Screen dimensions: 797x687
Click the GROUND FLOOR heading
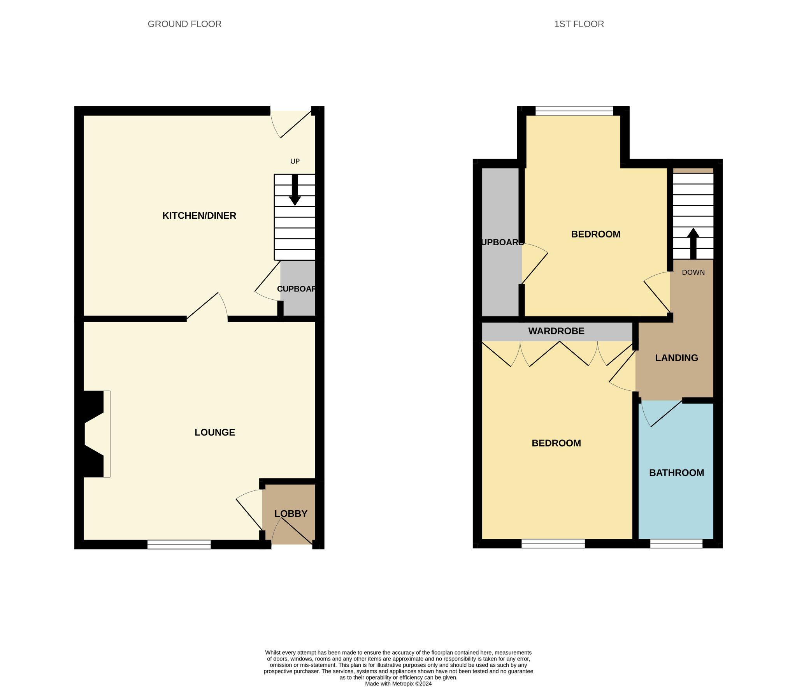coord(184,24)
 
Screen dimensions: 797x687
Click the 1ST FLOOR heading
coord(579,24)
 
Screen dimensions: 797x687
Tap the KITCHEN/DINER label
coord(199,216)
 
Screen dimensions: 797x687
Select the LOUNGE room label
coord(215,432)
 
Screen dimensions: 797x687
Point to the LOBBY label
coord(291,514)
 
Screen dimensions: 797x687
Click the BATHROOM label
coord(676,473)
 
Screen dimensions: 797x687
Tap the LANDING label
coord(676,358)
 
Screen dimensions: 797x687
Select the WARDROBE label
coord(556,331)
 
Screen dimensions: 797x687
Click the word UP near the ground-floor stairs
coord(295,162)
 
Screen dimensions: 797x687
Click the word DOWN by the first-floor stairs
coord(693,272)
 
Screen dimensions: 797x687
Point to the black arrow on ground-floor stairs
coord(295,190)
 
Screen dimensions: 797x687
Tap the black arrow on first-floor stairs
coord(693,244)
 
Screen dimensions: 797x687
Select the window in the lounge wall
coord(179,545)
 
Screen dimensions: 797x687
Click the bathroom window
coord(676,544)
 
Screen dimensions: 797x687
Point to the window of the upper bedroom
coord(574,111)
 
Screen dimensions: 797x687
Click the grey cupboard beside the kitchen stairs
coord(298,288)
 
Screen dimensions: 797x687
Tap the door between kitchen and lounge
coord(207,307)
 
